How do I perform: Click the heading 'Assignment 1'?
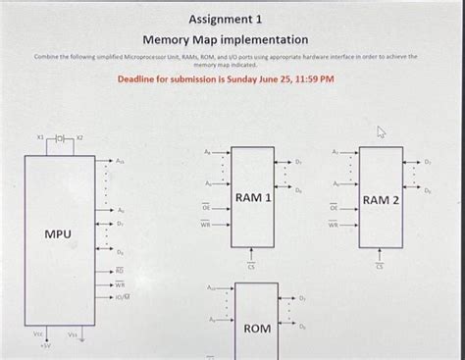point(226,18)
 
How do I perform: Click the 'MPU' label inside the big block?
point(57,234)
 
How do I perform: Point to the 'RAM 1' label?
point(252,198)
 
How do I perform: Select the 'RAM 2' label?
point(381,200)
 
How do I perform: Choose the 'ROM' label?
point(257,328)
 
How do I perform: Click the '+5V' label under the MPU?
point(31,345)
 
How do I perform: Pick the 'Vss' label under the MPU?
point(73,334)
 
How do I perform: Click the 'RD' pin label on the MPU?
point(119,268)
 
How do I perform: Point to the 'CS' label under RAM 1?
point(252,267)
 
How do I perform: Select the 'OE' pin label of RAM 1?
point(206,208)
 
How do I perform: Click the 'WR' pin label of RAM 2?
point(335,225)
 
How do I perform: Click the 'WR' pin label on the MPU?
point(119,283)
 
